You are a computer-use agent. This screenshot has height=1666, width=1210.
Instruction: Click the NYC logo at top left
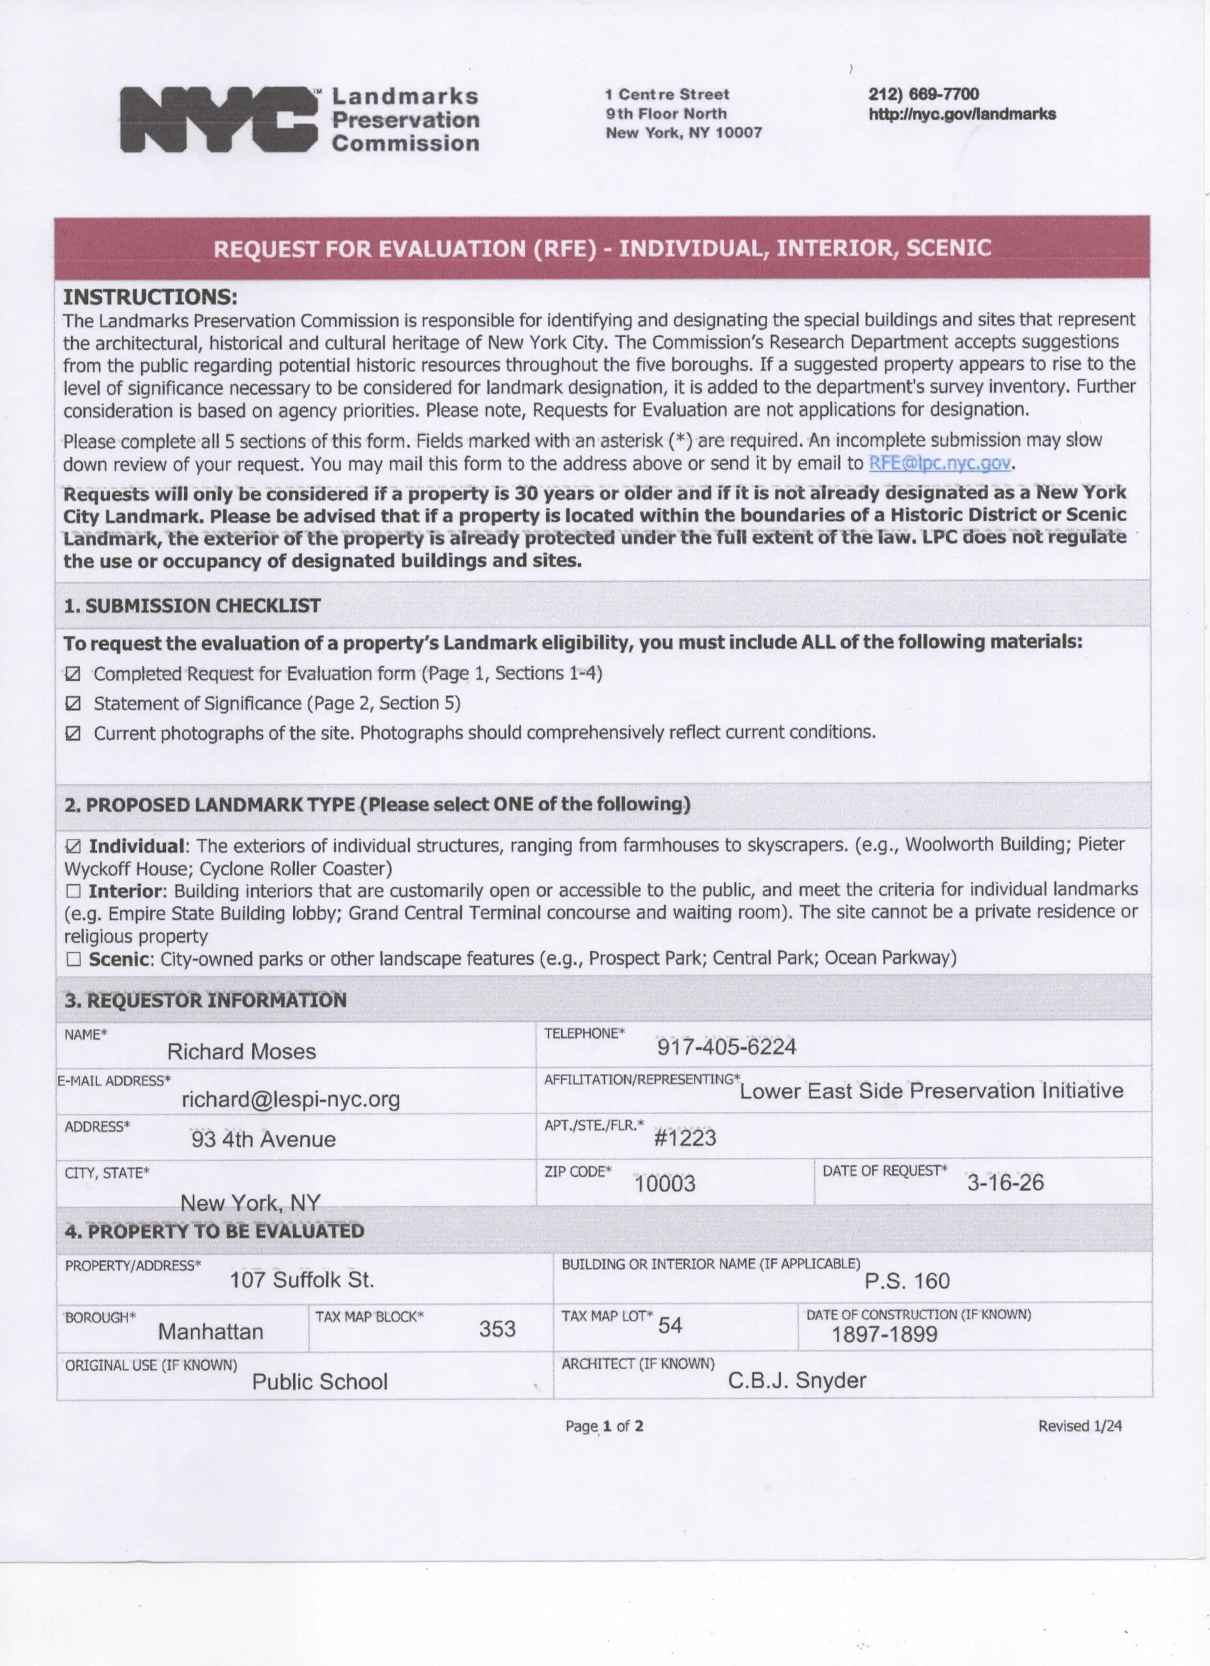coord(221,119)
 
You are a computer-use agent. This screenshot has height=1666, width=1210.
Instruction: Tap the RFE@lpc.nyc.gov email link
coord(941,463)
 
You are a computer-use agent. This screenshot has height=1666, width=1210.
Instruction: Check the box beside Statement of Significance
coord(73,704)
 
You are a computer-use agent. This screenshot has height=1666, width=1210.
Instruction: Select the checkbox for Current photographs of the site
coord(73,734)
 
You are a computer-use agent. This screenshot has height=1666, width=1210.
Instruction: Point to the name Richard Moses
coord(241,1052)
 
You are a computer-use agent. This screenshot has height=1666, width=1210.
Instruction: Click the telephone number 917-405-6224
coord(726,1046)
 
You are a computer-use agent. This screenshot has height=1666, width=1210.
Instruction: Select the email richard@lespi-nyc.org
coord(291,1099)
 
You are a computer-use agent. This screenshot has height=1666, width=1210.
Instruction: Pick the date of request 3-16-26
coord(1004,1182)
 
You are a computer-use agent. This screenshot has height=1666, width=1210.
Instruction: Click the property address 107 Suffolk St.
coord(302,1280)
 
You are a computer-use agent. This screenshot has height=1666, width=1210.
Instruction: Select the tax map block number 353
coord(497,1329)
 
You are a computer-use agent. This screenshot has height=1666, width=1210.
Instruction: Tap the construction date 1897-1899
coord(884,1334)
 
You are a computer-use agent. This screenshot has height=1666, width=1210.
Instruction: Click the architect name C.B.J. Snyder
coord(797,1380)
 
